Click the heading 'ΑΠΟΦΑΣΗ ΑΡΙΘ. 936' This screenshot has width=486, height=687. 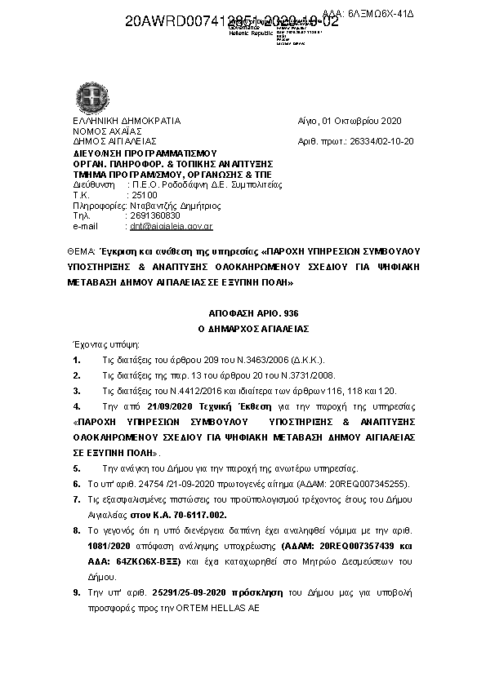(245, 313)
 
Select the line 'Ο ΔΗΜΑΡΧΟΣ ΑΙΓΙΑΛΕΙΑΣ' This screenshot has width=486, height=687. (245, 328)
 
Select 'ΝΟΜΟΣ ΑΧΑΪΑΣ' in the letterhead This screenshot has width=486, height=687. (107, 131)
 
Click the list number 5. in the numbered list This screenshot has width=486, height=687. (76, 469)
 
